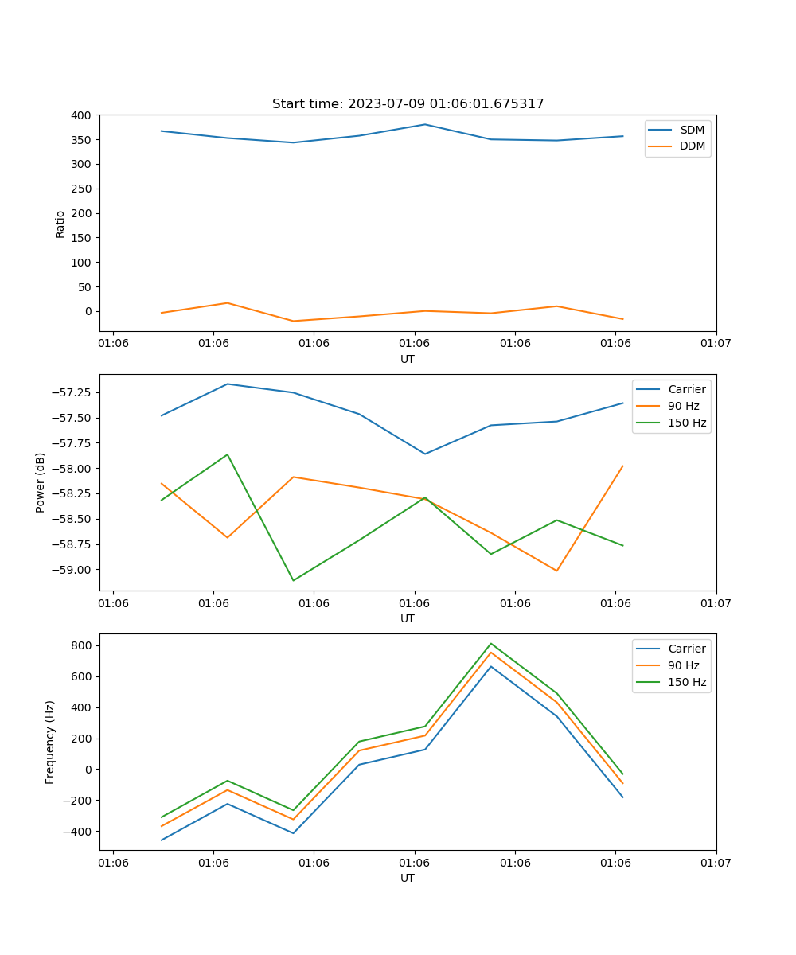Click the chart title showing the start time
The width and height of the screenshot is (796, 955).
click(408, 104)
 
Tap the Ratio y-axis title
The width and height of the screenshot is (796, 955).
click(60, 224)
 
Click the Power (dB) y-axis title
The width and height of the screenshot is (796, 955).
click(41, 482)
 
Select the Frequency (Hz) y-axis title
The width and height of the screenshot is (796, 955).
click(50, 742)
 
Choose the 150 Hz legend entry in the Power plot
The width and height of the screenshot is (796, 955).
click(687, 423)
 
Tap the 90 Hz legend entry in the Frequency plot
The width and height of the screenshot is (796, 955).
click(683, 665)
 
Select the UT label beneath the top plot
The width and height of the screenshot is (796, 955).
click(408, 359)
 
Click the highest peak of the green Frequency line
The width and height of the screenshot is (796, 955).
click(491, 643)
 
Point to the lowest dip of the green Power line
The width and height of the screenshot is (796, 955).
click(293, 580)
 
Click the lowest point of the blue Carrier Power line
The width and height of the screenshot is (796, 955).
click(425, 454)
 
